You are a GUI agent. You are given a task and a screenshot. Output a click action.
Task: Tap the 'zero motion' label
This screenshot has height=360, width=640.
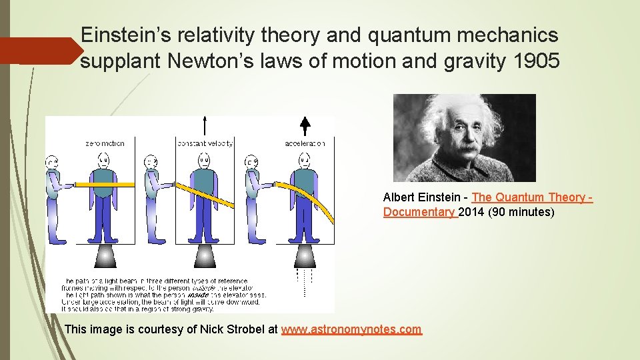point(105,143)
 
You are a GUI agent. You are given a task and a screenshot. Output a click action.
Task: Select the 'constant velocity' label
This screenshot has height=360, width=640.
point(205,143)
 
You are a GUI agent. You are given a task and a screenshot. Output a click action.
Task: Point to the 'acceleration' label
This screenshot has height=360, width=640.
point(305,143)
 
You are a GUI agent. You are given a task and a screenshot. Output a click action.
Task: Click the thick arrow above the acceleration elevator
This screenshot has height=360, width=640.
point(305,127)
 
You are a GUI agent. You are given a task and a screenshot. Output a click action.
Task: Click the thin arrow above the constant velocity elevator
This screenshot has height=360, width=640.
point(205,125)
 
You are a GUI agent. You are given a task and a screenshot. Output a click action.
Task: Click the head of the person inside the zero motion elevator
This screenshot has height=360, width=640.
point(104,159)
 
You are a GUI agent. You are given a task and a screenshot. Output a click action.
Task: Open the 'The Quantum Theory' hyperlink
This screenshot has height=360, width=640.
point(531,197)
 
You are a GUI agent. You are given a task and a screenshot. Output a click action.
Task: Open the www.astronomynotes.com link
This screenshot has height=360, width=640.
point(351,329)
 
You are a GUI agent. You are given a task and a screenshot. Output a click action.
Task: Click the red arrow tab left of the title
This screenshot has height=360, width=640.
point(40,51)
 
